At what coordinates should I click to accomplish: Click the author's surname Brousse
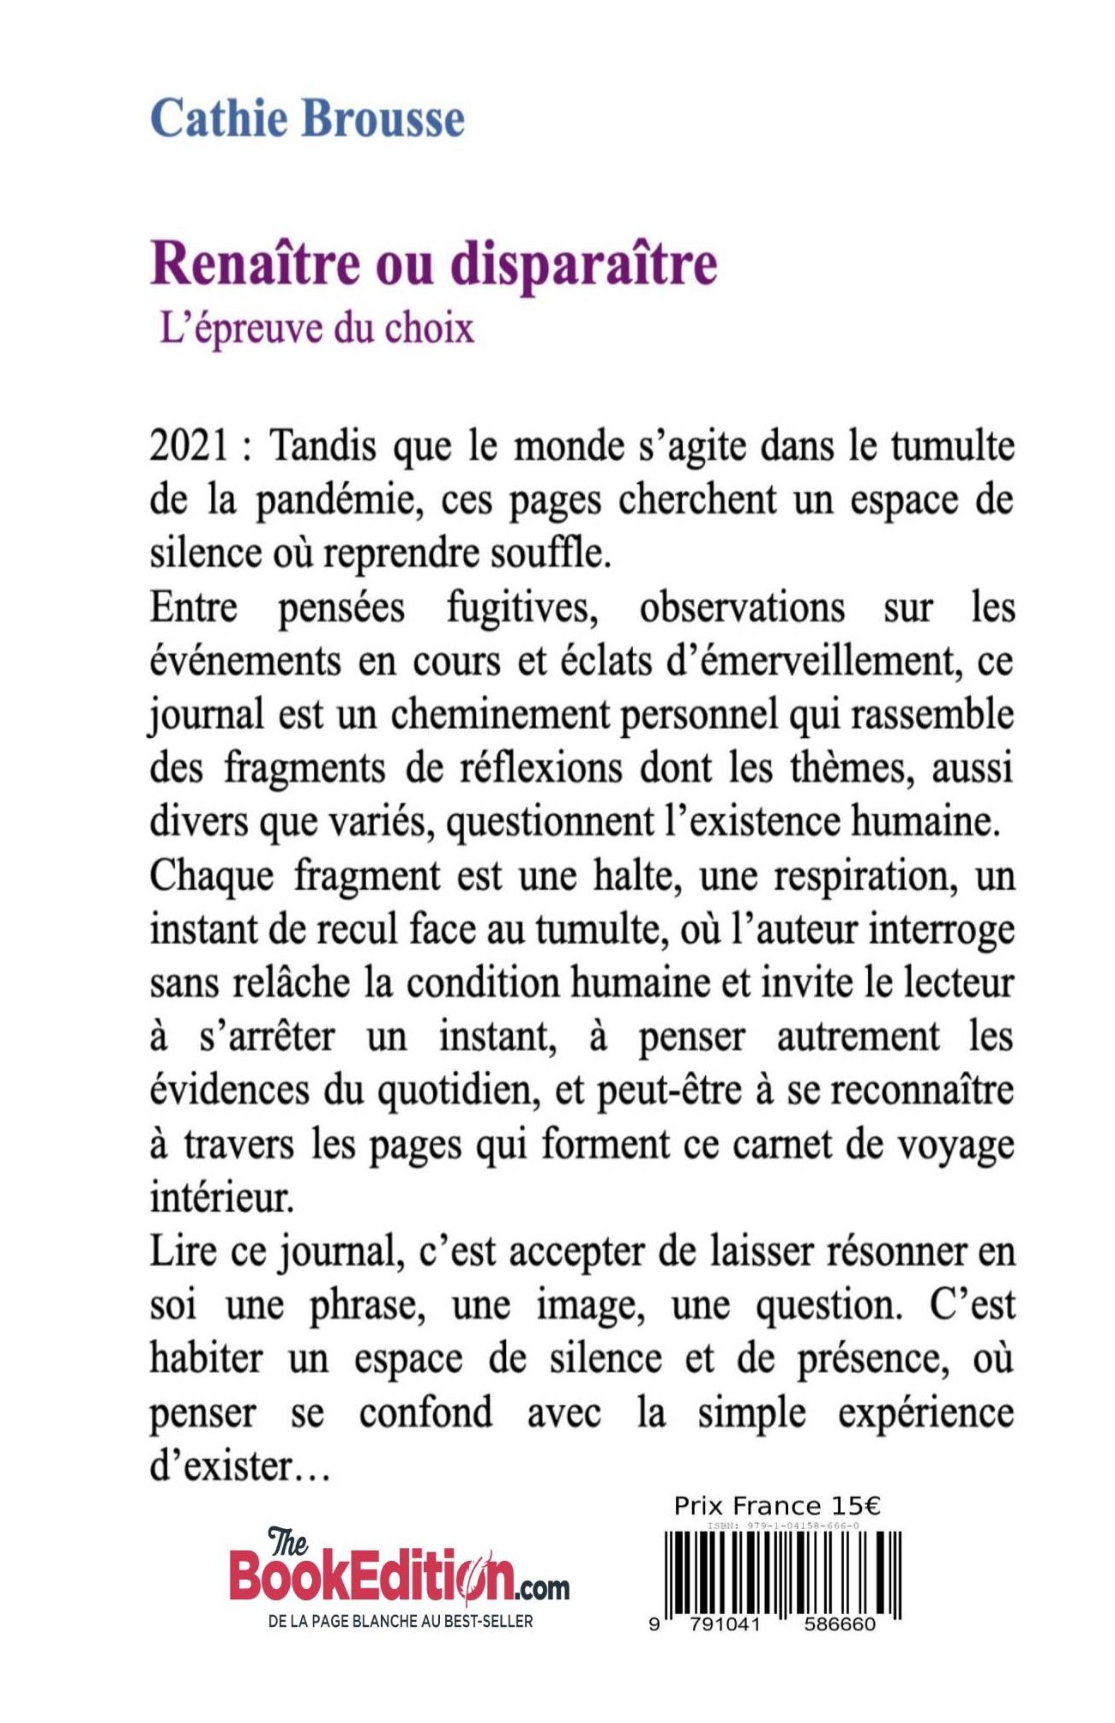[x=383, y=118]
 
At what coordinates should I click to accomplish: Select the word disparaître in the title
[x=583, y=264]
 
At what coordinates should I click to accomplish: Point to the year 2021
[x=190, y=447]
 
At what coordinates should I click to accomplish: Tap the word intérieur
[x=221, y=1198]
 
